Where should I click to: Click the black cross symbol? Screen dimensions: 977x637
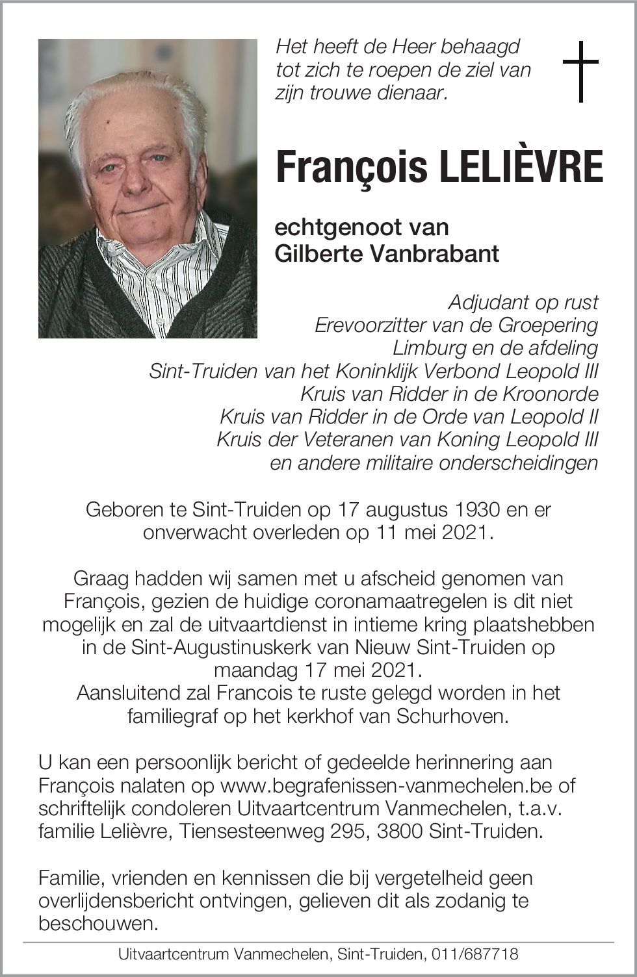pos(580,71)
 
